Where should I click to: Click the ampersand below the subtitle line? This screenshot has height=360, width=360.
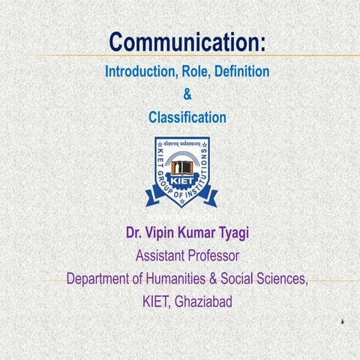pyautogui.click(x=187, y=94)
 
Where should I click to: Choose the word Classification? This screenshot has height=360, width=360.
pyautogui.click(x=187, y=117)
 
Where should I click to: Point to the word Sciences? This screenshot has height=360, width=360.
pyautogui.click(x=279, y=279)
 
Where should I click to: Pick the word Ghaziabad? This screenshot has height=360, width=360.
pyautogui.click(x=205, y=301)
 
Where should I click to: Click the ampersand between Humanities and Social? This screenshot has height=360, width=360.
pyautogui.click(x=201, y=279)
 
